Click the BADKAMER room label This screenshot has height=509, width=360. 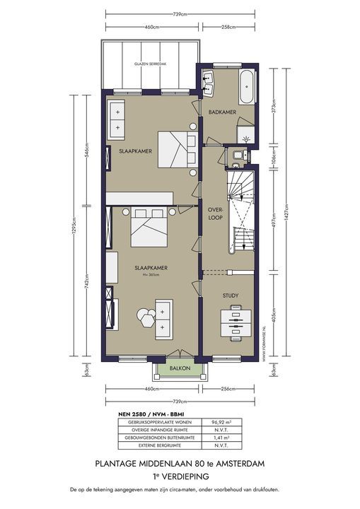(221, 112)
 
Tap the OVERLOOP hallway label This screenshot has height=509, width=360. (216, 213)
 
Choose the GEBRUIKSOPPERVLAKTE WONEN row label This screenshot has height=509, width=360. (156, 421)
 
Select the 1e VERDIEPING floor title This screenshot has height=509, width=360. (180, 476)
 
